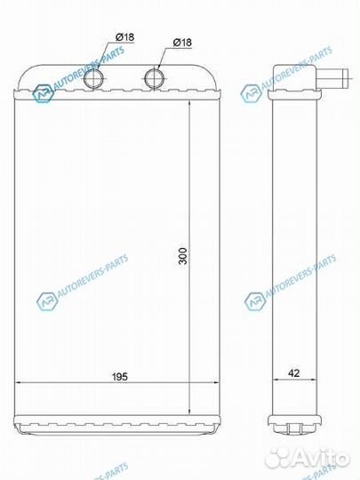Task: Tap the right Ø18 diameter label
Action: [x=181, y=42]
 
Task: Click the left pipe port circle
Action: [x=96, y=77]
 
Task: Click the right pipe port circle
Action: [x=156, y=77]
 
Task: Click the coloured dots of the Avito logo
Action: [x=285, y=457]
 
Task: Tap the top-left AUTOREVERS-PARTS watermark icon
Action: [x=43, y=92]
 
